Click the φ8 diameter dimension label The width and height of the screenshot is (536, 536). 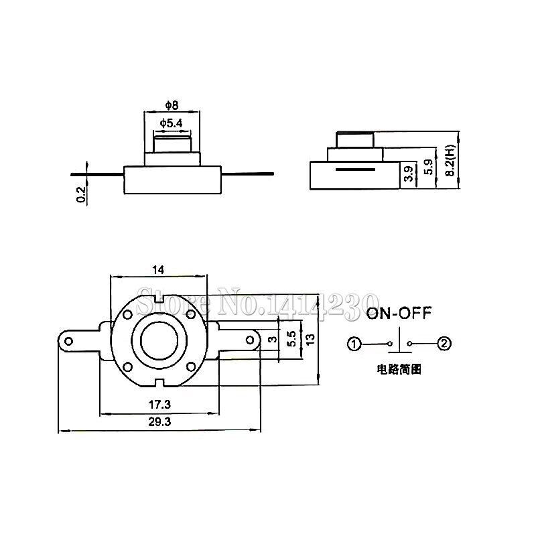172,106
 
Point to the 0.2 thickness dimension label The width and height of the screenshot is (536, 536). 81,194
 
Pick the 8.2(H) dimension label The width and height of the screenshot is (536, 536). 450,161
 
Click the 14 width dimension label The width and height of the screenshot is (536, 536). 158,270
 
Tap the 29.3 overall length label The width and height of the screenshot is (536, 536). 158,423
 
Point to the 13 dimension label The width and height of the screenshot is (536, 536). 310,340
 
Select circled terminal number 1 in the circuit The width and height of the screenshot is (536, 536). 354,344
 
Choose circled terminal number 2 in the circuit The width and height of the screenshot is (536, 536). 444,344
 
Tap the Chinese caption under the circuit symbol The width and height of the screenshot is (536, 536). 399,369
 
